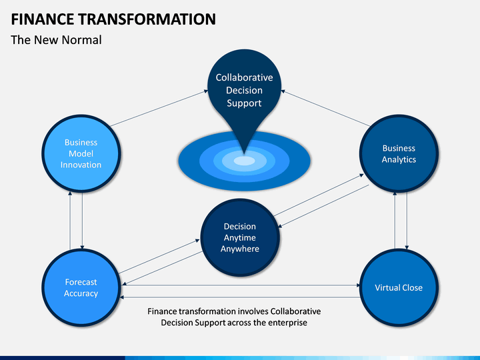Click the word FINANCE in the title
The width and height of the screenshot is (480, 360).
click(x=42, y=19)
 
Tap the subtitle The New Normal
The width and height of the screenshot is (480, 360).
click(x=56, y=40)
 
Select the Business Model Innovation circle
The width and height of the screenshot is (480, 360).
click(x=81, y=153)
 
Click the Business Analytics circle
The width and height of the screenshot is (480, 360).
click(x=399, y=153)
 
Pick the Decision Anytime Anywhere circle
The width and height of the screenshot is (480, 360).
click(x=240, y=237)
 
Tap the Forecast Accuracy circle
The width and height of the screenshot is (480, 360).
click(x=81, y=288)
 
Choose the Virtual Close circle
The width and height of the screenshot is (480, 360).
click(x=399, y=288)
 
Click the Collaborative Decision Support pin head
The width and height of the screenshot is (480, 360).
click(x=244, y=89)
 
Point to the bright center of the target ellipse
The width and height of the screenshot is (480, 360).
click(x=244, y=161)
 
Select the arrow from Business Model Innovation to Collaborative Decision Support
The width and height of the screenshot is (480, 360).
click(x=159, y=108)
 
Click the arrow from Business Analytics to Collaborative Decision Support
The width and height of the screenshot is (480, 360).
click(x=325, y=108)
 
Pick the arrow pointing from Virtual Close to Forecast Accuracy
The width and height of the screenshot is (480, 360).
click(x=240, y=297)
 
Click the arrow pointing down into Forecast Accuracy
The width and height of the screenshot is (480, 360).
click(x=82, y=221)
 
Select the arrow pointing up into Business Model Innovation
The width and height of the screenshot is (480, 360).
click(x=70, y=221)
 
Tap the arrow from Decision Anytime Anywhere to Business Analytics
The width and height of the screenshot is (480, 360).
click(x=319, y=195)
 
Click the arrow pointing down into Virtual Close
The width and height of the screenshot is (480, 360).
click(x=407, y=221)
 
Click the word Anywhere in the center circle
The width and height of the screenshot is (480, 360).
click(x=240, y=249)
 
